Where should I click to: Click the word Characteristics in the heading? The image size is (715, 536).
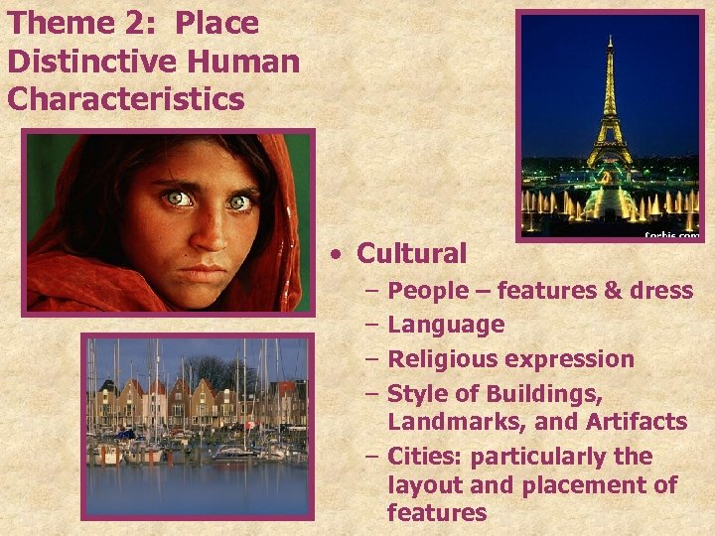125,99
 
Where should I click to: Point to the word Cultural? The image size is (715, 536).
411,254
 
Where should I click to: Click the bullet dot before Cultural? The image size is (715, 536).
339,255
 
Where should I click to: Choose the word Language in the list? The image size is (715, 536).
446,325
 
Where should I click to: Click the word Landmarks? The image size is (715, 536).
456,422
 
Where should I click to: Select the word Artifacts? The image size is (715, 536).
635,422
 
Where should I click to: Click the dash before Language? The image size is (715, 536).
370,325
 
